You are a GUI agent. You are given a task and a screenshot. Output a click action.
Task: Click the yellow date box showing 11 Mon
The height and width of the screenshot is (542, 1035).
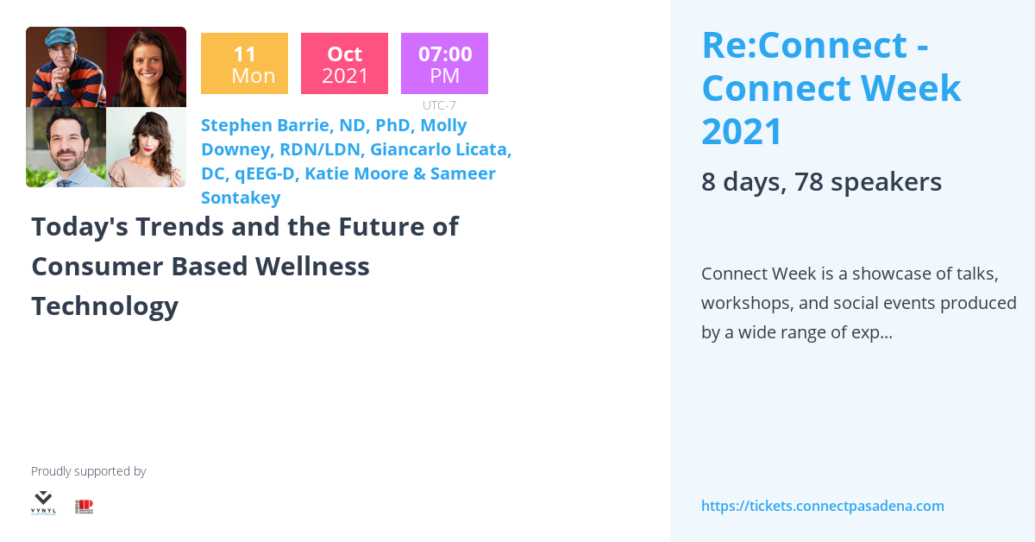tap(244, 63)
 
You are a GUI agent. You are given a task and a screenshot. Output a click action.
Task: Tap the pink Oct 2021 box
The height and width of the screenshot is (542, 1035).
tap(344, 63)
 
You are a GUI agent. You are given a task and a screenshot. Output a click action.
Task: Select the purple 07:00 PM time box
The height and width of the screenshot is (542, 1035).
tap(444, 63)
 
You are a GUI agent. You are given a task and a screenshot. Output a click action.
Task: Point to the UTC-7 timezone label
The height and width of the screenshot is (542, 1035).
tap(439, 105)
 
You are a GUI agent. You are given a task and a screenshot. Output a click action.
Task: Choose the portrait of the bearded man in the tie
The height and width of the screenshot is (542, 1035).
tap(66, 148)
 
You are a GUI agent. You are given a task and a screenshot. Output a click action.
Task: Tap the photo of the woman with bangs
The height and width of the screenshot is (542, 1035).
tap(146, 148)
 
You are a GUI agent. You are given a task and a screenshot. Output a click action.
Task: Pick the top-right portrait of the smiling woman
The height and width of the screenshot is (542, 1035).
tap(146, 67)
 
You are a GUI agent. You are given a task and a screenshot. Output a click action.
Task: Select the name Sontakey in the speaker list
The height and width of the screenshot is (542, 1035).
tap(241, 198)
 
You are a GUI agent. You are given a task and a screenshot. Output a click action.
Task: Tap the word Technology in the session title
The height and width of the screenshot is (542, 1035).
tap(104, 306)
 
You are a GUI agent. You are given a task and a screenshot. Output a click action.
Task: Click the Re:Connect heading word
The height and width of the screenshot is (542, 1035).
tap(804, 45)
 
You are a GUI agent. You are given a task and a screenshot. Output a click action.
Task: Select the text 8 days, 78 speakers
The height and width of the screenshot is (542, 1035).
tap(821, 182)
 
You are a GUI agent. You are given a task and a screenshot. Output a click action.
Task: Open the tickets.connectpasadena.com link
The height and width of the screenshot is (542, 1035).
tap(822, 506)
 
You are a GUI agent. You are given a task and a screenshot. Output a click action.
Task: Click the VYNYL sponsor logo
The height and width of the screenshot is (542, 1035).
tap(43, 502)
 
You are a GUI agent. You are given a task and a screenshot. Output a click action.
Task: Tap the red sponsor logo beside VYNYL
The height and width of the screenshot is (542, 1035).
tap(84, 507)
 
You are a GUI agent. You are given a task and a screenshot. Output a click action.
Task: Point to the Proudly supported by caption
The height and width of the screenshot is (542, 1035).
tap(88, 471)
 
